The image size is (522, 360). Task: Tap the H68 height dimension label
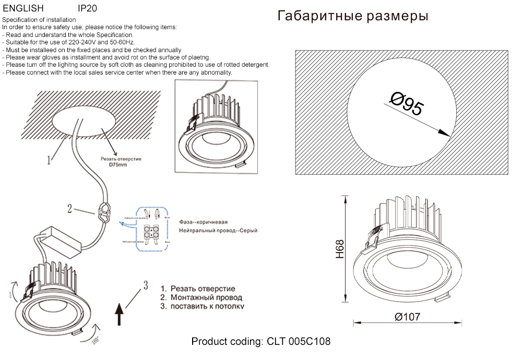(340, 249)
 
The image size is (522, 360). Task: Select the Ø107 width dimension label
(407, 317)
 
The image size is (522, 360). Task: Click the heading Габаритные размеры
(353, 16)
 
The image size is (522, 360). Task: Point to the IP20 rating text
(87, 9)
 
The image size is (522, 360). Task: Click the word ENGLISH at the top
(23, 9)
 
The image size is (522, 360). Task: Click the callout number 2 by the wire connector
(69, 209)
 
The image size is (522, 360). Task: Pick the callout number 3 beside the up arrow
(146, 284)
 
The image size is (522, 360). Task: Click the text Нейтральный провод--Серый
(218, 230)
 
